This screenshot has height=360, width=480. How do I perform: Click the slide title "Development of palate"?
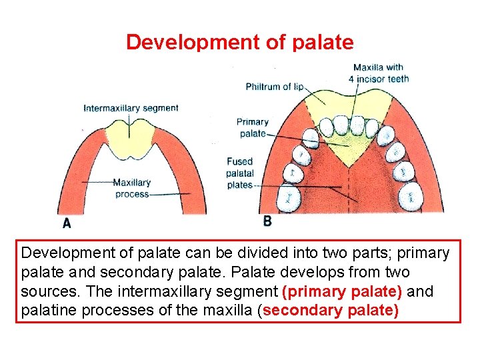pyautogui.click(x=239, y=43)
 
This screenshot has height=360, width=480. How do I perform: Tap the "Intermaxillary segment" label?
pyautogui.click(x=131, y=108)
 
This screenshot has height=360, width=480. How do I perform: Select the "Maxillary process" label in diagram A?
pyautogui.click(x=131, y=188)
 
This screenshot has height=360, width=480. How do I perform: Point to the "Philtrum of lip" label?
pyautogui.click(x=275, y=87)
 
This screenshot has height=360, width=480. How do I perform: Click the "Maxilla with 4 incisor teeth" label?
pyautogui.click(x=378, y=73)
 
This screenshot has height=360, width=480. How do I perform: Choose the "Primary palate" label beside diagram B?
pyautogui.click(x=252, y=127)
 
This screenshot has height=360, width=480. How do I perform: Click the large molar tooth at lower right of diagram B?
pyautogui.click(x=411, y=196)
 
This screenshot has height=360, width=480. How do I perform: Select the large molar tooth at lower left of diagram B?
pyautogui.click(x=289, y=197)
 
